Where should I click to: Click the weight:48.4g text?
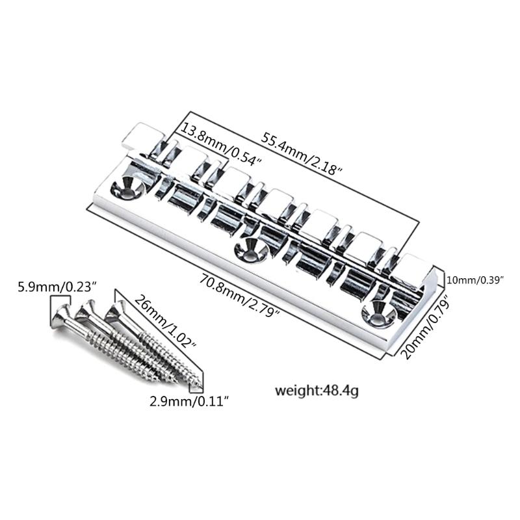tap(318, 391)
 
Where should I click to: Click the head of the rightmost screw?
tap(117, 310)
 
